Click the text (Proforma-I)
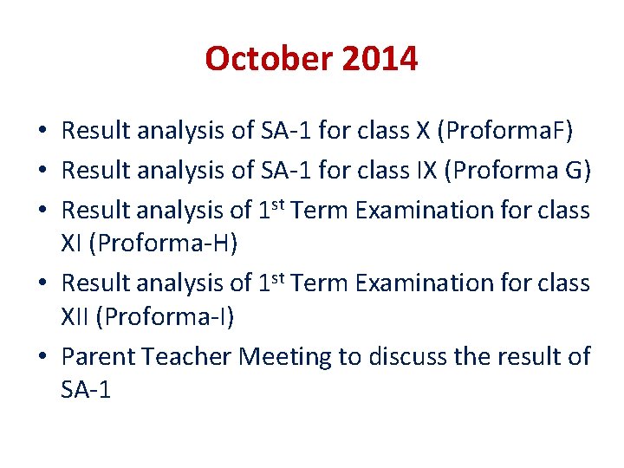tap(166, 318)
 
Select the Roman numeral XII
tap(76, 318)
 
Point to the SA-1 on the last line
tap(86, 391)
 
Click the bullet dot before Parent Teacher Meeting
tap(42, 357)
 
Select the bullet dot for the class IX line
tap(42, 172)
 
